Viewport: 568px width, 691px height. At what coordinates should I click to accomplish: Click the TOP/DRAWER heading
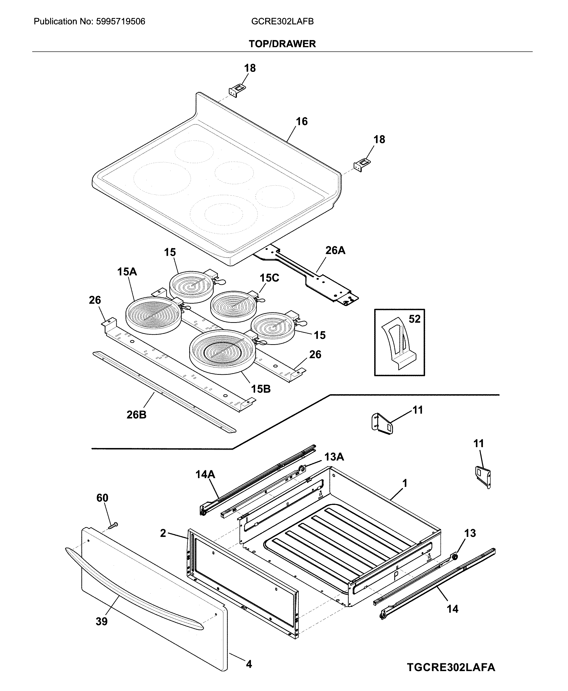(x=282, y=44)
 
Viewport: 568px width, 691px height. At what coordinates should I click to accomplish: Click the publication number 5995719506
(x=120, y=22)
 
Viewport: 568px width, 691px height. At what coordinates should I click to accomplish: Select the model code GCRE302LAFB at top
(x=282, y=22)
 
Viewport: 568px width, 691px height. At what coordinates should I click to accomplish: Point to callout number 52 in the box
(x=414, y=319)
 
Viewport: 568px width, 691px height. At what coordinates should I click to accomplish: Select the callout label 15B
(x=261, y=389)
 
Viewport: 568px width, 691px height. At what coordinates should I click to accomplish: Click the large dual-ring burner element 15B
(x=222, y=352)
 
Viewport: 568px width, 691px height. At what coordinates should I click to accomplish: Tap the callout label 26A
(x=335, y=251)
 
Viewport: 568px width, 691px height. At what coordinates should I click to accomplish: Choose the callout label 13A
(x=334, y=457)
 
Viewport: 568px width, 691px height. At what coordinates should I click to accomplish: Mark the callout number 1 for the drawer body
(x=405, y=483)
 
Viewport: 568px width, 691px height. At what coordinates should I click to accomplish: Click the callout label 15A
(x=127, y=272)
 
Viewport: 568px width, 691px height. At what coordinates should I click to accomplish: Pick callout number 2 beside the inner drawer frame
(x=163, y=533)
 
